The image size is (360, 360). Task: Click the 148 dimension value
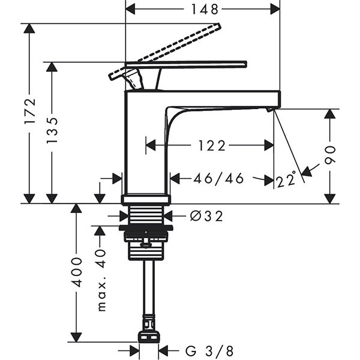[x=203, y=8]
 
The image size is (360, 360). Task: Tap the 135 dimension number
[x=52, y=129]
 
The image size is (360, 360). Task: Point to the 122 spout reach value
[x=209, y=145]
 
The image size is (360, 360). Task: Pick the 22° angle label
[x=287, y=179]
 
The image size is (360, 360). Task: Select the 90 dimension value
[x=329, y=154]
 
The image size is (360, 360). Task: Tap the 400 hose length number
[x=76, y=272]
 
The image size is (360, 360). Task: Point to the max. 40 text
[x=101, y=279]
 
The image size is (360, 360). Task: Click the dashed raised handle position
[x=180, y=44]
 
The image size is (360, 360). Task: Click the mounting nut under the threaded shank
[x=146, y=235]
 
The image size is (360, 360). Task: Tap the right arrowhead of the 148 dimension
[x=275, y=9]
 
